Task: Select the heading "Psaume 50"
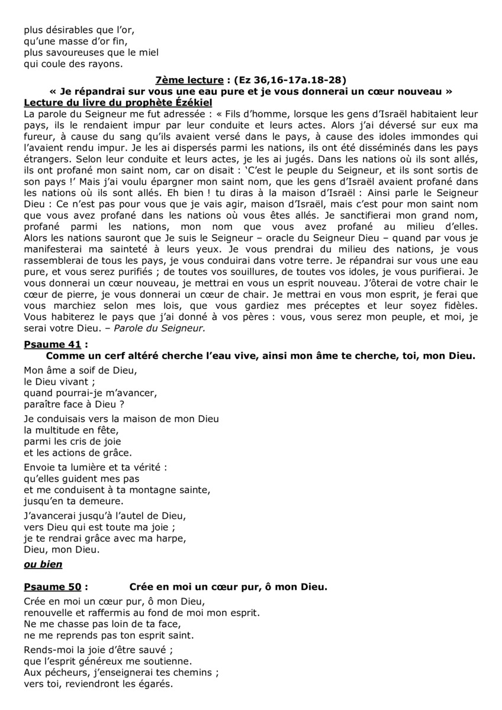click(x=52, y=588)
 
